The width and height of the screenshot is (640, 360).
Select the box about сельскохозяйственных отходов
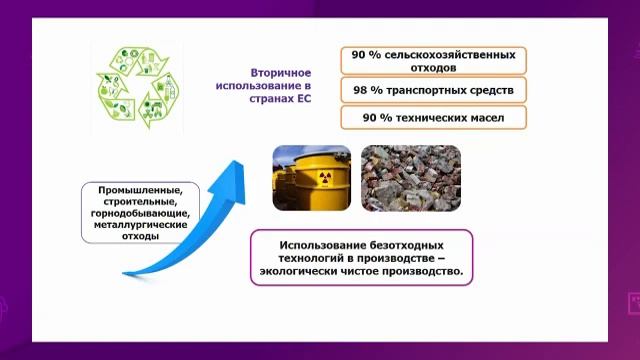432,60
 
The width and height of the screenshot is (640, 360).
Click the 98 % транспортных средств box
432,91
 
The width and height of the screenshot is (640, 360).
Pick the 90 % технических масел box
432,119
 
